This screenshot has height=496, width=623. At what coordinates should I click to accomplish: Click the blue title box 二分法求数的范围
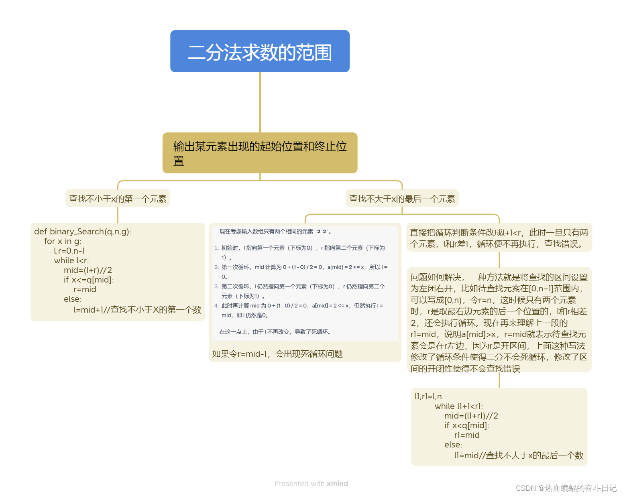(260, 51)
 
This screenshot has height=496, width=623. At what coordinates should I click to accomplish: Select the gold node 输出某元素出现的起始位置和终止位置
(260, 153)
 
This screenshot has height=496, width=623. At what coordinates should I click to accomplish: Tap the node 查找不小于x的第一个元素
(118, 199)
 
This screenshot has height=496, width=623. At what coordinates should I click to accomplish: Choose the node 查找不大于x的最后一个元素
(402, 199)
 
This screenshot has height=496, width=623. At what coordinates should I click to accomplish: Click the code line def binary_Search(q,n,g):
(83, 232)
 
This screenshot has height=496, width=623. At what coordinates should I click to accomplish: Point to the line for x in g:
(63, 241)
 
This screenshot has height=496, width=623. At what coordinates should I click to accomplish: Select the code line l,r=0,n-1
(69, 251)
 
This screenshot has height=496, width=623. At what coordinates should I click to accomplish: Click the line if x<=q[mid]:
(89, 280)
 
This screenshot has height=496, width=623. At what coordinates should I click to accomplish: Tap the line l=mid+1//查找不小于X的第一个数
(137, 309)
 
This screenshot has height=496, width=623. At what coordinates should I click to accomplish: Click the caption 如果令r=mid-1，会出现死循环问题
(277, 354)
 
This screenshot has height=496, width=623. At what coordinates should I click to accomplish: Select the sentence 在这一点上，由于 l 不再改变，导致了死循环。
(275, 332)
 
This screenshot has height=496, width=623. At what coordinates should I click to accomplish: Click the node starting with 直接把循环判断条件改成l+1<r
(499, 238)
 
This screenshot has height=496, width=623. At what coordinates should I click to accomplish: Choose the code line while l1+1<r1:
(459, 406)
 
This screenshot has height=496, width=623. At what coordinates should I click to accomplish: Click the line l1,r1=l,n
(428, 396)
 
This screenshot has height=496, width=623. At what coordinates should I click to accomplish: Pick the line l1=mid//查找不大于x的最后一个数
(519, 455)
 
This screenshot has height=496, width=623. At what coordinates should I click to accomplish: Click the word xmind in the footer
(337, 484)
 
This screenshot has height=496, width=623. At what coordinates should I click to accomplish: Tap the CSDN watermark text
(566, 488)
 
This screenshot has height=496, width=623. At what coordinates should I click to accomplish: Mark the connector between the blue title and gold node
(260, 102)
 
